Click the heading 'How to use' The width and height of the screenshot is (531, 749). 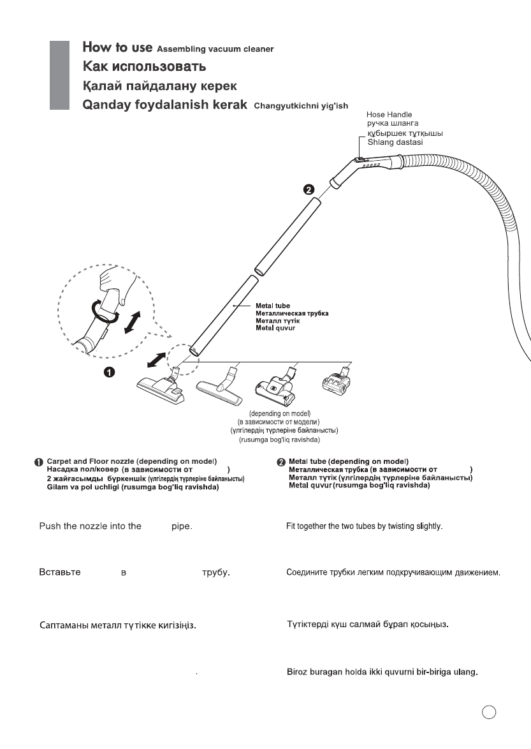pyautogui.click(x=117, y=48)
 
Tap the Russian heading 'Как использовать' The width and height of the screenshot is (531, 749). pyautogui.click(x=145, y=66)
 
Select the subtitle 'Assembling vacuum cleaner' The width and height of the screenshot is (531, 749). pyautogui.click(x=215, y=49)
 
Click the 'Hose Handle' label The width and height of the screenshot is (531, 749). pyautogui.click(x=389, y=114)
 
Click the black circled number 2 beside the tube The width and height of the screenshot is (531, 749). pyautogui.click(x=308, y=189)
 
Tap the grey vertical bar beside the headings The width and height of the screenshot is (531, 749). pyautogui.click(x=60, y=75)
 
